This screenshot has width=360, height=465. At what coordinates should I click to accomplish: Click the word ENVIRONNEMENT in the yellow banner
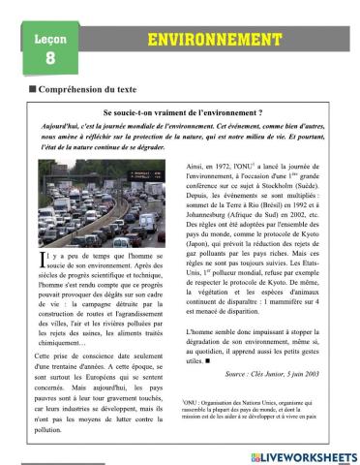click(x=206, y=40)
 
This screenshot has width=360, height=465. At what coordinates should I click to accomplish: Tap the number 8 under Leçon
click(x=50, y=58)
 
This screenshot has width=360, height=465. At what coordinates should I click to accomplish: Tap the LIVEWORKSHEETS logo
click(x=303, y=454)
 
